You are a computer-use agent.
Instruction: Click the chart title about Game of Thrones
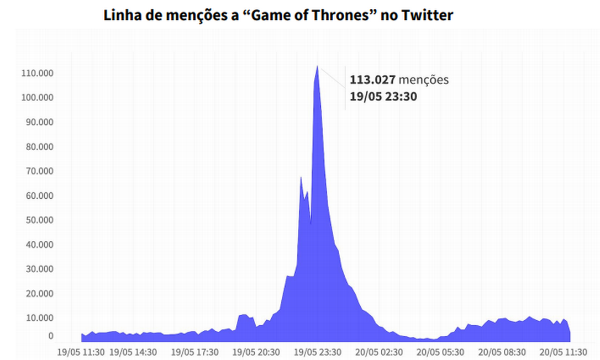pyautogui.click(x=278, y=15)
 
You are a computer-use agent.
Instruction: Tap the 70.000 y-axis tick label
pyautogui.click(x=37, y=171)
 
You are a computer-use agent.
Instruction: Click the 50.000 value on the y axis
pyautogui.click(x=37, y=220)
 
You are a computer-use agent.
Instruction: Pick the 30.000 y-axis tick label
pyautogui.click(x=37, y=269)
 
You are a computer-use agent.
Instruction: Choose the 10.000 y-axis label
pyautogui.click(x=37, y=318)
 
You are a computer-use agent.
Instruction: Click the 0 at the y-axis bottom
pyautogui.click(x=50, y=336)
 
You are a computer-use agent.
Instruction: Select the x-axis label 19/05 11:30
pyautogui.click(x=81, y=351)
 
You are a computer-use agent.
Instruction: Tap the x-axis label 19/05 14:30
pyautogui.click(x=133, y=351)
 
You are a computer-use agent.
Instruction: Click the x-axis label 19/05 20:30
pyautogui.click(x=256, y=351)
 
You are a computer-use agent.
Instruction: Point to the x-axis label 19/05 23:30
pyautogui.click(x=317, y=351)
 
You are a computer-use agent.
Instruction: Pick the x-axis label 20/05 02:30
pyautogui.click(x=378, y=351)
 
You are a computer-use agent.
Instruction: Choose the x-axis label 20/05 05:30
pyautogui.click(x=440, y=351)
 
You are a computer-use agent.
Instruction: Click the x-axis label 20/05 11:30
pyautogui.click(x=563, y=351)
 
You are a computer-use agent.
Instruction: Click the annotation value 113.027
pyautogui.click(x=372, y=80)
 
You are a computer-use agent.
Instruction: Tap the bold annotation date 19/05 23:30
pyautogui.click(x=383, y=97)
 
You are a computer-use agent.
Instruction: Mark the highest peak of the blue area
pyautogui.click(x=317, y=66)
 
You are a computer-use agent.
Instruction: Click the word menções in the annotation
pyautogui.click(x=424, y=80)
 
